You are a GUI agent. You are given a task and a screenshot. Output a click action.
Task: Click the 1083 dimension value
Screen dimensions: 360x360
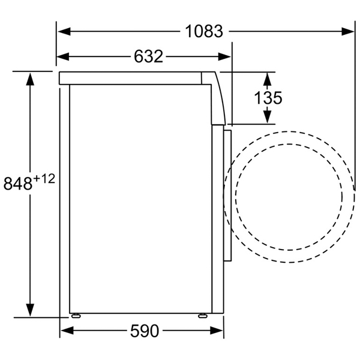[x=204, y=31]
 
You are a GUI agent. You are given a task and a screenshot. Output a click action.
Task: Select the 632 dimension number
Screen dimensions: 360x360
[x=149, y=56]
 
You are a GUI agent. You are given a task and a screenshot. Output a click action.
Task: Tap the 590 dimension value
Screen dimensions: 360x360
[x=145, y=331]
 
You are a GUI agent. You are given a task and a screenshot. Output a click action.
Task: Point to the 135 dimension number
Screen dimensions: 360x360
[x=268, y=98]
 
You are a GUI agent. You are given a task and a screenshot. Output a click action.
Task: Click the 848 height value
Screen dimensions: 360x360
[x=18, y=184]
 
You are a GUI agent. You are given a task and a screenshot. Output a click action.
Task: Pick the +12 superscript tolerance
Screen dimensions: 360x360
[x=44, y=179]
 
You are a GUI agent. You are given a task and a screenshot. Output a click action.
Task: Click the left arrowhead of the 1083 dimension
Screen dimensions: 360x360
[x=64, y=31]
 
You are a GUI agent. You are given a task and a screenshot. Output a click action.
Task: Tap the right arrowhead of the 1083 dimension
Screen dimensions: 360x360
[x=348, y=31]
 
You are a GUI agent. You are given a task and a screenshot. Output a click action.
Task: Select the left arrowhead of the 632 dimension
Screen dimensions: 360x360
[x=63, y=56]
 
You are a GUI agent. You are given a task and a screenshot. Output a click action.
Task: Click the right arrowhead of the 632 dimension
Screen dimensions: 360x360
[x=224, y=56]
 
